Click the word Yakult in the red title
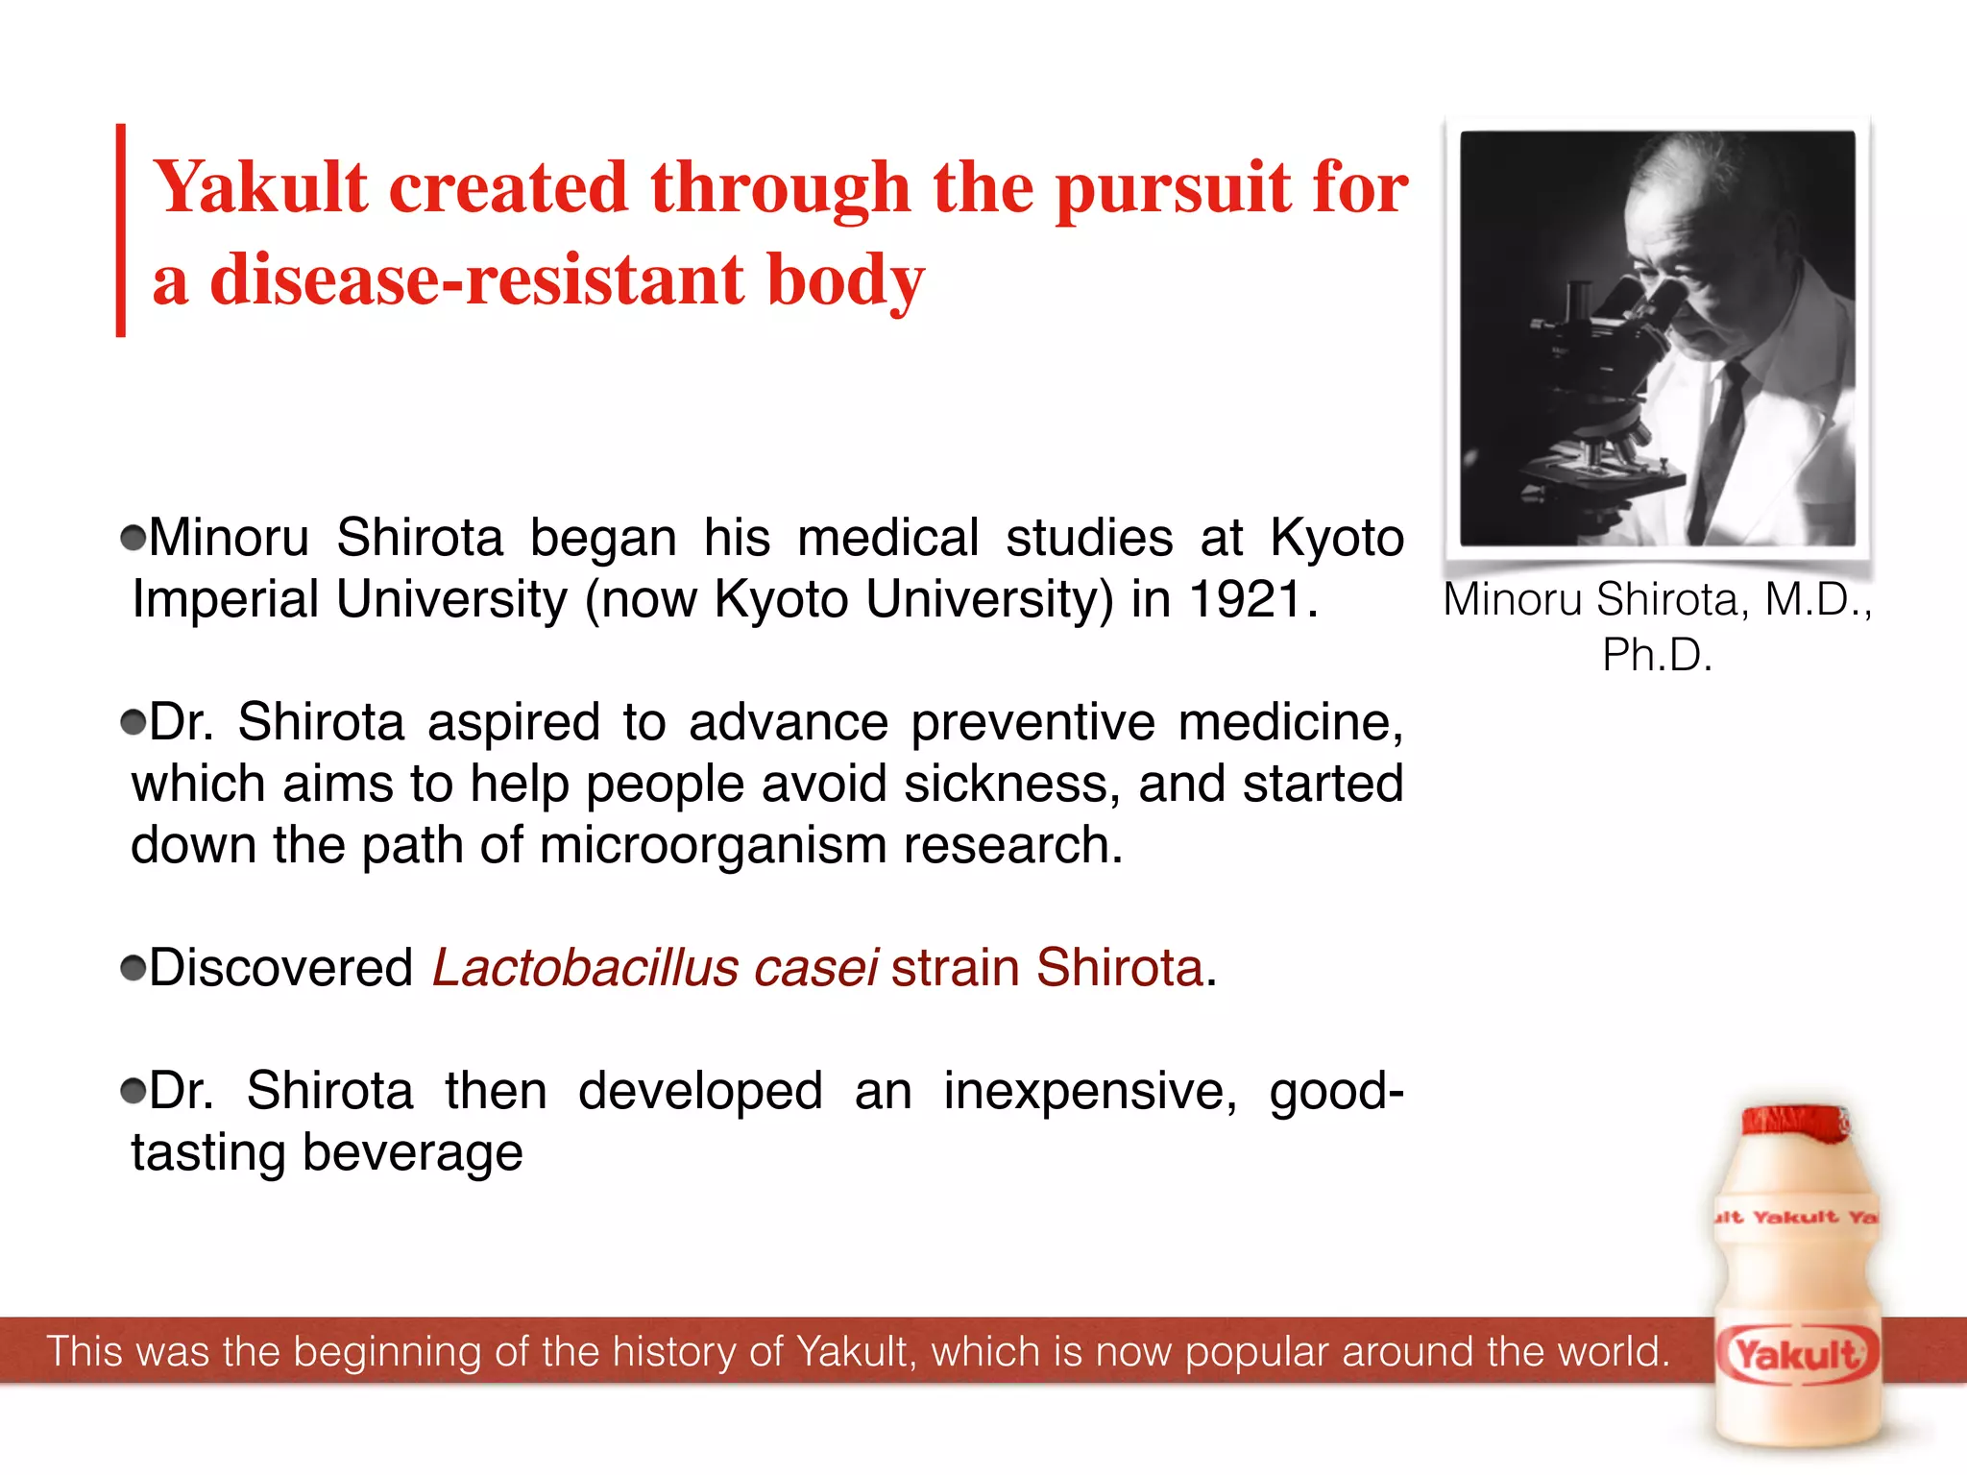(x=260, y=187)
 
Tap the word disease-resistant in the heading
(x=477, y=280)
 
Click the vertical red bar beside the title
(x=121, y=230)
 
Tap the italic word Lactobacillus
(x=585, y=968)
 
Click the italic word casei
(x=815, y=968)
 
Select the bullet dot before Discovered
(x=134, y=968)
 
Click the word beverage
(x=413, y=1153)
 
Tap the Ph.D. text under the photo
(x=1657, y=656)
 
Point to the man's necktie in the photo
(x=1719, y=432)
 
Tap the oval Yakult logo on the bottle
(x=1795, y=1355)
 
